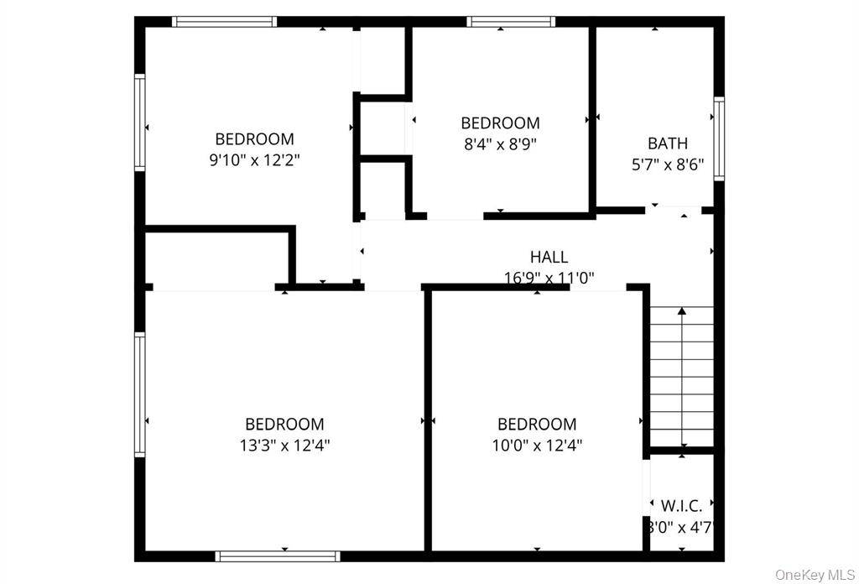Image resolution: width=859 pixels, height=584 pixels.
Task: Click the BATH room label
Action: pyautogui.click(x=667, y=143)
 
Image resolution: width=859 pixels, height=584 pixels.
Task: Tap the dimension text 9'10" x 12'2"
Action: pyautogui.click(x=254, y=160)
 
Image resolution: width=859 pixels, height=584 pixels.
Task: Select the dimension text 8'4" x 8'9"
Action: pyautogui.click(x=500, y=143)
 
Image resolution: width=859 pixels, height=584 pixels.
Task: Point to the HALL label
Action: pyautogui.click(x=549, y=258)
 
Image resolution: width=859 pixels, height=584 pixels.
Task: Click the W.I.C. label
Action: pyautogui.click(x=681, y=507)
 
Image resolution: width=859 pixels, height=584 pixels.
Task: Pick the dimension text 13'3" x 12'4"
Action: pyautogui.click(x=284, y=446)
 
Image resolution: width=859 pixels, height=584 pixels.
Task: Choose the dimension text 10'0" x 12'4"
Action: pyautogui.click(x=537, y=446)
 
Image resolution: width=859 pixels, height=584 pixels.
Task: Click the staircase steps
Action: pyautogui.click(x=682, y=378)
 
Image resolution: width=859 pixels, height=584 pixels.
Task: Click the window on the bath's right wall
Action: pyautogui.click(x=719, y=138)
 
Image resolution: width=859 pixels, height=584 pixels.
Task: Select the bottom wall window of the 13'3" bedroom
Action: pyautogui.click(x=278, y=555)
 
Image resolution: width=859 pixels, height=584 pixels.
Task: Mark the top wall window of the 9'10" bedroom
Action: pyautogui.click(x=224, y=22)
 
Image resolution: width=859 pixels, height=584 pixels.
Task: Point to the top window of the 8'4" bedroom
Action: pyautogui.click(x=511, y=22)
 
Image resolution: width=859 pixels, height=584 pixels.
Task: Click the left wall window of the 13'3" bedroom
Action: pyautogui.click(x=140, y=394)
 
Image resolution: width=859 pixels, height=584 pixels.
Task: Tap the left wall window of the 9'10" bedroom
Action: pyautogui.click(x=140, y=123)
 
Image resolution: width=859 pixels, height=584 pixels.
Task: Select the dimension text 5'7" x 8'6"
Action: pyautogui.click(x=667, y=165)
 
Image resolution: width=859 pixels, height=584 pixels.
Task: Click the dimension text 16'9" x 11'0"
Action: pyautogui.click(x=549, y=278)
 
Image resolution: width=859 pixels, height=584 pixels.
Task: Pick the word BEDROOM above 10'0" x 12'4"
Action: pyautogui.click(x=537, y=425)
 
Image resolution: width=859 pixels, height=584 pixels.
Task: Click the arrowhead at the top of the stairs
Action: pyautogui.click(x=682, y=312)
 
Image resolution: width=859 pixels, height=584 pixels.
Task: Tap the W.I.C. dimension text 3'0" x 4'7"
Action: pyautogui.click(x=681, y=528)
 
